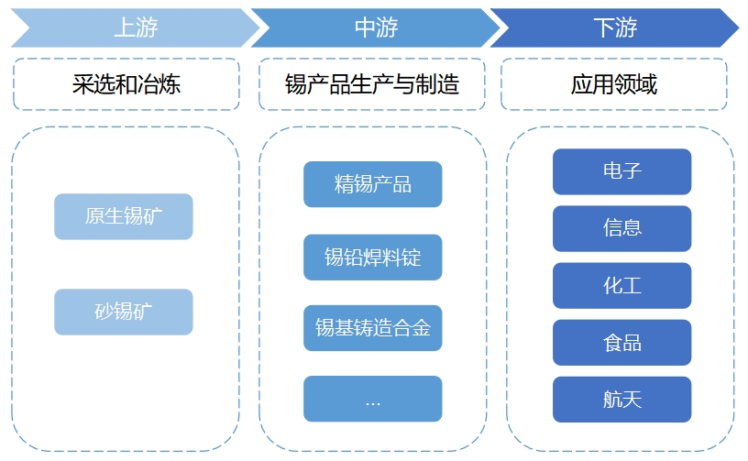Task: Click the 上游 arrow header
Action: point(136,28)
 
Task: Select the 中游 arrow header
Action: point(376,28)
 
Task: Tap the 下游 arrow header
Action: point(614,28)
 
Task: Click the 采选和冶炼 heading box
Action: point(126,85)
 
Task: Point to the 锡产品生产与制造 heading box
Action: point(372,85)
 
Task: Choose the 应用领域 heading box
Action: point(613,85)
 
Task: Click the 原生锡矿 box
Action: point(124,216)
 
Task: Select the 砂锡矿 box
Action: point(124,312)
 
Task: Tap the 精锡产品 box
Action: point(372,184)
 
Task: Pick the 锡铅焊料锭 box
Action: point(372,257)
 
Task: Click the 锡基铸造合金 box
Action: point(372,328)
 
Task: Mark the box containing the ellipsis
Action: point(372,400)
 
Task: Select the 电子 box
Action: point(621,171)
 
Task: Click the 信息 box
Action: point(621,228)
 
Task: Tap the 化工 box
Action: point(621,286)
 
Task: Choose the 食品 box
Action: point(621,343)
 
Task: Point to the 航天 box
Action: point(621,400)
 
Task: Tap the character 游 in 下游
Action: point(626,28)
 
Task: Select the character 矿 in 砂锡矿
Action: point(144,312)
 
